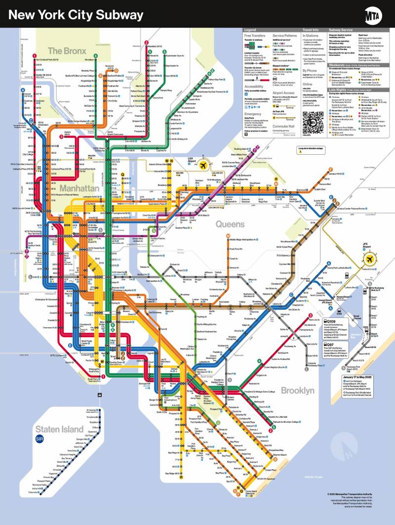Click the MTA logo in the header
374,15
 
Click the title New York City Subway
76,15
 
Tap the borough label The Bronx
68,50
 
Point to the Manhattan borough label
79,188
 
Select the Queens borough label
230,224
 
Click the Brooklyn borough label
297,391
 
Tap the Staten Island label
59,429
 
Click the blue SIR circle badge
40,439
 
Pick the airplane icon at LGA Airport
202,166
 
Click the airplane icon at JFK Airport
368,259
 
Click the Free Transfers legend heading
255,36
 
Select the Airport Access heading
284,92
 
